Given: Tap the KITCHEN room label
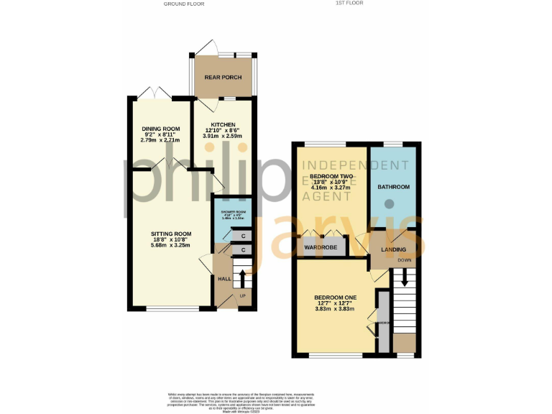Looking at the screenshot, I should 223,124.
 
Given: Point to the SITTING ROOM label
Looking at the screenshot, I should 171,234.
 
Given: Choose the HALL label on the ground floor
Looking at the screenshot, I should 224,278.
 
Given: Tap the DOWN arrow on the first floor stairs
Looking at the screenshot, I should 405,275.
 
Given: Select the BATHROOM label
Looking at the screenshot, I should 394,187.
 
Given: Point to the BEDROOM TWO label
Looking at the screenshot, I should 331,176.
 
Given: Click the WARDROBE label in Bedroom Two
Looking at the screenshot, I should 321,248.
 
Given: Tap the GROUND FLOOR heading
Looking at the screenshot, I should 183,4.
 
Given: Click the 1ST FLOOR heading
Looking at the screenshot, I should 351,4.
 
